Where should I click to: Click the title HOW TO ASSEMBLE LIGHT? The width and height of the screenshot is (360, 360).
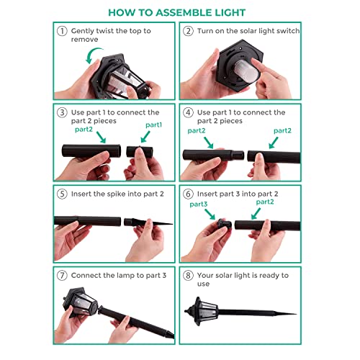click(x=177, y=13)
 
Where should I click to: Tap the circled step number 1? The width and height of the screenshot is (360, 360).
click(x=62, y=31)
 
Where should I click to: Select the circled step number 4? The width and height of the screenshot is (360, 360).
click(x=188, y=112)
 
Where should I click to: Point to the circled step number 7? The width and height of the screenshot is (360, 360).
click(x=62, y=276)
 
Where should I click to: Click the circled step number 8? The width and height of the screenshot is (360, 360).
click(x=188, y=276)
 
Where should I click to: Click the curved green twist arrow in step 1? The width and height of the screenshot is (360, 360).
click(x=91, y=53)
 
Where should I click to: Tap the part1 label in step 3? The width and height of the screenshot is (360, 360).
click(x=154, y=125)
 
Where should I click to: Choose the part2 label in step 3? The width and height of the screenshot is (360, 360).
click(x=84, y=130)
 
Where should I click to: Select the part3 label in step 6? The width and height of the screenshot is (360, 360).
click(x=199, y=204)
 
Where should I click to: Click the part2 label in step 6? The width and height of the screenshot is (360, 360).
click(x=265, y=202)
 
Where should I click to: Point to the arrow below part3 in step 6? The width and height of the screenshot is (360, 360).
click(x=210, y=214)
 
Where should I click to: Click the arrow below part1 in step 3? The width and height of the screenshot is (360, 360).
click(x=145, y=137)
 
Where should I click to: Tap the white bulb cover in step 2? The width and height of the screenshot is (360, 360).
click(x=246, y=70)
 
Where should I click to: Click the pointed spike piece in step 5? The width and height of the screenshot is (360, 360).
click(x=148, y=222)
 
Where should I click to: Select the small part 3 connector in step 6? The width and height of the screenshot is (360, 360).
click(x=225, y=224)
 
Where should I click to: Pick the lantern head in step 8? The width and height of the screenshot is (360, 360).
click(x=201, y=311)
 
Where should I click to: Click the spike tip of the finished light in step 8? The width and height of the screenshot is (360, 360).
click(x=296, y=313)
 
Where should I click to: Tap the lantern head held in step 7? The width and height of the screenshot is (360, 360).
click(x=81, y=302)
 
